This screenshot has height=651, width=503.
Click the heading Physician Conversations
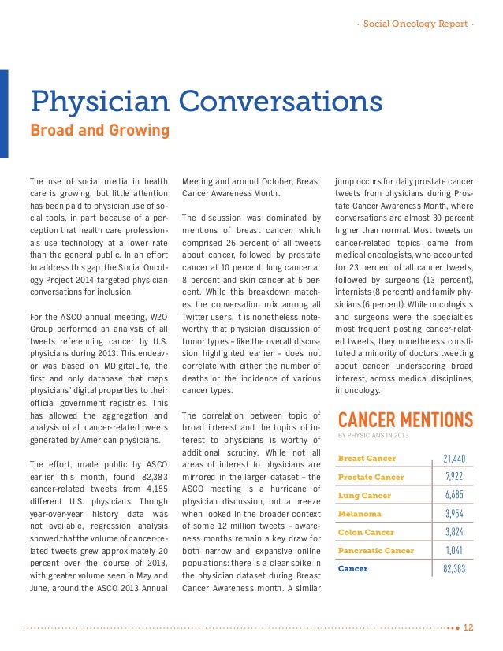coord(206,102)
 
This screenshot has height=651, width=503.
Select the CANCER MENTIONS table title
coord(404,418)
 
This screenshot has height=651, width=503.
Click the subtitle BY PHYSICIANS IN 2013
coord(373,435)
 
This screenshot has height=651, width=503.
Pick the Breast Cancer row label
coord(367,458)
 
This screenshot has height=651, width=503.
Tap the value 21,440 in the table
coord(454,458)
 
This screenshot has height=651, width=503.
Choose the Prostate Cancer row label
coord(371,477)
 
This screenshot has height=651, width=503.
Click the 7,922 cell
coord(454,477)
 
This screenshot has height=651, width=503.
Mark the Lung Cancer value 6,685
coord(454,496)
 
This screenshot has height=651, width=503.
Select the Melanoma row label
coord(360,515)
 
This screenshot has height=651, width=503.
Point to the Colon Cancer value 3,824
coord(454,532)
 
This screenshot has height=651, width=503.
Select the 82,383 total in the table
coord(454,568)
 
